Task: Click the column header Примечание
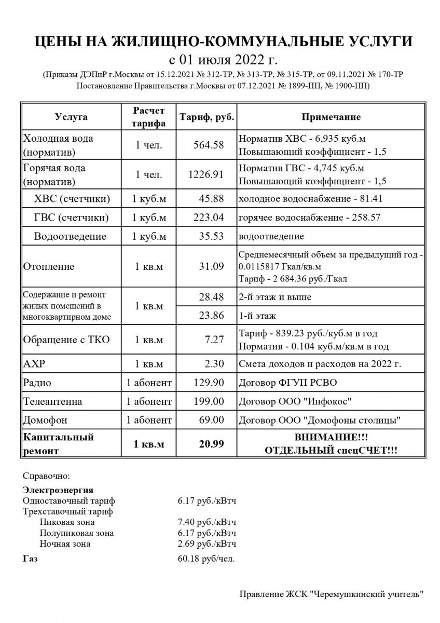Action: pyautogui.click(x=331, y=117)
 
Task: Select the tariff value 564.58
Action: pyautogui.click(x=208, y=145)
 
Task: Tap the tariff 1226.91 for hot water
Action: pyautogui.click(x=206, y=175)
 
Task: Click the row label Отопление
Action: pyautogui.click(x=49, y=267)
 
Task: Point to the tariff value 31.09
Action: pyautogui.click(x=212, y=267)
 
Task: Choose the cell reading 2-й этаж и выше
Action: pyautogui.click(x=275, y=297)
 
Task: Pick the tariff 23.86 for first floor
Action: pyautogui.click(x=212, y=315)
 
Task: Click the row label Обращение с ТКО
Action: pyautogui.click(x=66, y=340)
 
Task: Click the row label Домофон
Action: pyautogui.click(x=45, y=419)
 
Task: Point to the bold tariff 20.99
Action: pyautogui.click(x=211, y=444)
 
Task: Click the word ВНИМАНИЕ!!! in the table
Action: pyautogui.click(x=331, y=438)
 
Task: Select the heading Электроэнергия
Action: pyautogui.click(x=58, y=490)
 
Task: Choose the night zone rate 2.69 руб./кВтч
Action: pyautogui.click(x=207, y=544)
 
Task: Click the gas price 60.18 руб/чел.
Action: pyautogui.click(x=205, y=559)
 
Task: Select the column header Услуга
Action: pyautogui.click(x=71, y=117)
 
